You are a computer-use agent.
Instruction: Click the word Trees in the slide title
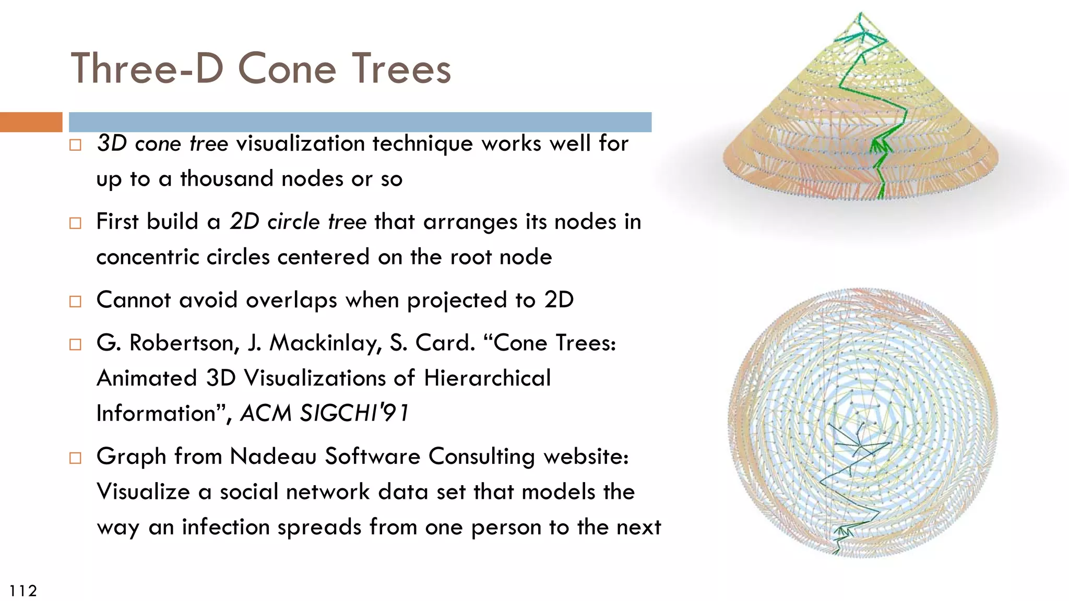pos(401,69)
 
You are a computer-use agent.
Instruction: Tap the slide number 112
pos(23,591)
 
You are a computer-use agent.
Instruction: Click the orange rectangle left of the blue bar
pos(31,122)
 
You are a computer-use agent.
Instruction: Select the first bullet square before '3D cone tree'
pos(76,145)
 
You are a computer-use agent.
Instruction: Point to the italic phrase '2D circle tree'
pos(298,222)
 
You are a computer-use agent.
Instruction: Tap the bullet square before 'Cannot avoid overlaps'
pos(76,302)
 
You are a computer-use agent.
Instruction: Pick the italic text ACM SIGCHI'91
pos(324,413)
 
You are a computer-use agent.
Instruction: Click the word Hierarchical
pos(487,378)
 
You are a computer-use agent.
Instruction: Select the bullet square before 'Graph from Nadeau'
pos(76,458)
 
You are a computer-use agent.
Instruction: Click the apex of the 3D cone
pos(860,14)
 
